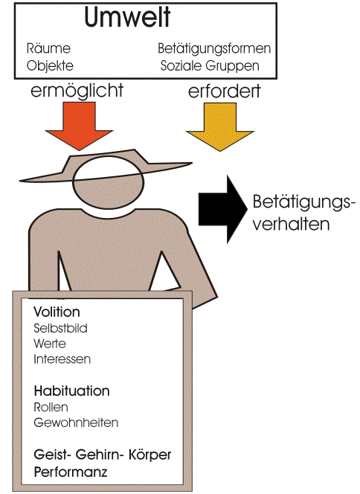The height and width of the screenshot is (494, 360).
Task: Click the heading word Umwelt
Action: point(127,17)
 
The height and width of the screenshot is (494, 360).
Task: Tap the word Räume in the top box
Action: point(48,48)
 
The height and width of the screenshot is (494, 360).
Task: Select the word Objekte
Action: point(50,65)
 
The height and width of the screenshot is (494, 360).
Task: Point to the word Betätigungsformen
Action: point(214,48)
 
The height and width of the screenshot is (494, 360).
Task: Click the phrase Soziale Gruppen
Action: point(210,65)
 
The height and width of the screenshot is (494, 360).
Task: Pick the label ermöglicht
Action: point(77,91)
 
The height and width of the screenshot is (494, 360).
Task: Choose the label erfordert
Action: point(224,91)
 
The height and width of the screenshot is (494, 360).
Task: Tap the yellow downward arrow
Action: point(220,126)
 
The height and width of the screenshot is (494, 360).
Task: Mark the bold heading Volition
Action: point(57,312)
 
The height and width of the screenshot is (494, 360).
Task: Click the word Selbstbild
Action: point(60,328)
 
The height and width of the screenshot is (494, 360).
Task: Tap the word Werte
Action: point(50,344)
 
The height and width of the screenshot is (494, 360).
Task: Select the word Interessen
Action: point(62,359)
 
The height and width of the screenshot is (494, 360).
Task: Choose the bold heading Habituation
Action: point(72,391)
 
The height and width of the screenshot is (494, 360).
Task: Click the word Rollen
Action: point(51,407)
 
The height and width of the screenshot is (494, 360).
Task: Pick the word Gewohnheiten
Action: point(76,423)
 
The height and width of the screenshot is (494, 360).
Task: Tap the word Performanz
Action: point(71,472)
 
